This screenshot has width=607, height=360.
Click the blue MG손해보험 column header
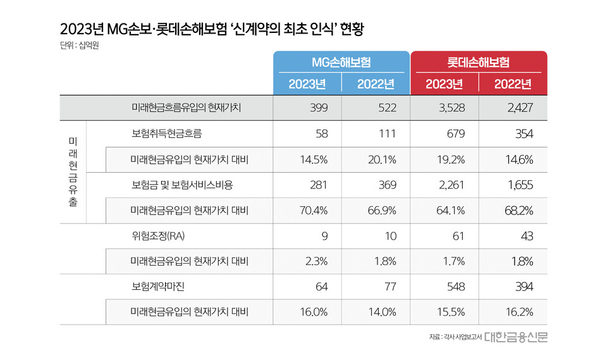pos(341,62)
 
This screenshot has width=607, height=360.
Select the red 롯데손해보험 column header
pos(479,62)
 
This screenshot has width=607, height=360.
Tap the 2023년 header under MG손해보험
pos(307,84)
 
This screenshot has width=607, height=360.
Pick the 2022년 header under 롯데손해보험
pos(513,84)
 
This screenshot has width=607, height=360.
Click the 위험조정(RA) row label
pos(154,236)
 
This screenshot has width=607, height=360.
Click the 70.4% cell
pos(313,210)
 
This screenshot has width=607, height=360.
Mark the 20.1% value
pos(382,159)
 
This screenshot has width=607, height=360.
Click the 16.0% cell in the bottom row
pos(313,312)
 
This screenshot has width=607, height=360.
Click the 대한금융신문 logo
pos(516,337)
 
